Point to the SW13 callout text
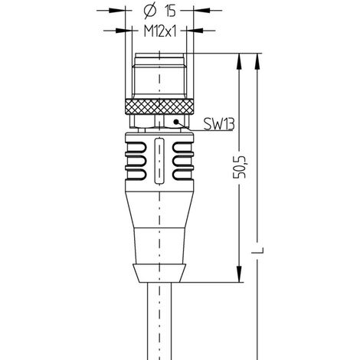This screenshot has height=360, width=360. (x=219, y=123)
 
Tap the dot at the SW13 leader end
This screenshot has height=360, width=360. (x=176, y=122)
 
